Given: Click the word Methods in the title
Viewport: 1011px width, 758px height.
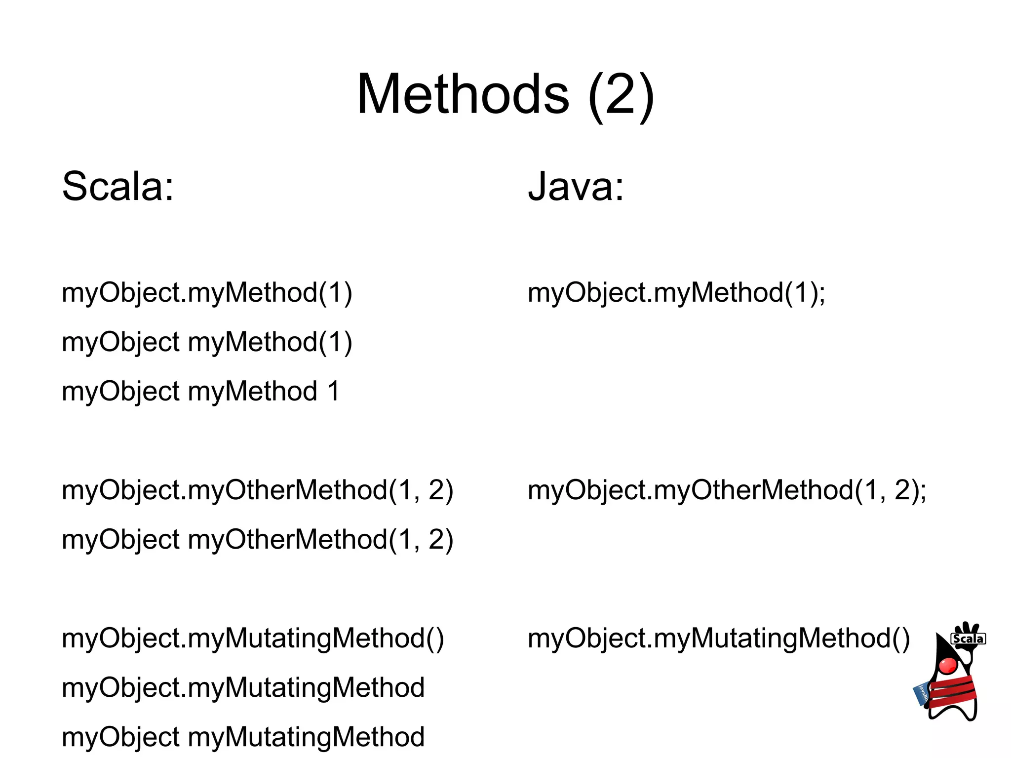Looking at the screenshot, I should [x=463, y=94].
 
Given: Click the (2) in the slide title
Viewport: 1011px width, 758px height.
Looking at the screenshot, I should [x=621, y=95].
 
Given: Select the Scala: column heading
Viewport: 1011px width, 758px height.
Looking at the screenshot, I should [x=118, y=187].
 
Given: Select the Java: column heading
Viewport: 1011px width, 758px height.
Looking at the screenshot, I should [x=576, y=187].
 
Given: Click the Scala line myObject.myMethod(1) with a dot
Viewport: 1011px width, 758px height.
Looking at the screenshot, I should [x=207, y=293].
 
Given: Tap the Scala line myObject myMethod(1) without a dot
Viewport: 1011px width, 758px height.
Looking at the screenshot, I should [x=207, y=342].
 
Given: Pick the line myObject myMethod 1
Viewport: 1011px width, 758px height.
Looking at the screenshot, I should [x=200, y=392].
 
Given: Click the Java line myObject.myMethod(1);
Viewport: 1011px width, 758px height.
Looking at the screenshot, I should [x=676, y=293].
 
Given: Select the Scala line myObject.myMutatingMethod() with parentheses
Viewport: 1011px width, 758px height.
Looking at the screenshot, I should [x=253, y=638].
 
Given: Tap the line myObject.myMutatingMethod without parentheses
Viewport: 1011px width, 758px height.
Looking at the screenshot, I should [x=243, y=688].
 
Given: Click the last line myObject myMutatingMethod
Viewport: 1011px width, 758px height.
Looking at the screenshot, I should [x=243, y=737].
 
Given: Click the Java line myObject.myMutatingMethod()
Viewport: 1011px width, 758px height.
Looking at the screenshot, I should [x=719, y=638].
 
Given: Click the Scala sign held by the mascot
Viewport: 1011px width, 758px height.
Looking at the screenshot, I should [x=968, y=639].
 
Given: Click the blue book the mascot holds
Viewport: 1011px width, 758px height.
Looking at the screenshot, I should [x=921, y=694].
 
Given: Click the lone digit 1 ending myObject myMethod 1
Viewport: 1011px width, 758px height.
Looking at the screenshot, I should [x=334, y=392].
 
